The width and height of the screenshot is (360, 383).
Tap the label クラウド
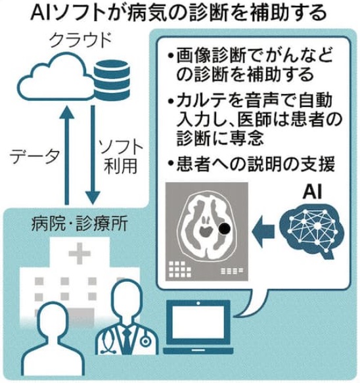[81, 41]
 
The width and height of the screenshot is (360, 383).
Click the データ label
[34, 156]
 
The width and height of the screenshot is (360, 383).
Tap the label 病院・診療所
[79, 224]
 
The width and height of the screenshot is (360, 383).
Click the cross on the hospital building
[80, 254]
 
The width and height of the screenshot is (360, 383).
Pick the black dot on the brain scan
[225, 229]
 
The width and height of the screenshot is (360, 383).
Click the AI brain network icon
[312, 231]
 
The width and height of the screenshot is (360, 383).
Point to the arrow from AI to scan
[263, 231]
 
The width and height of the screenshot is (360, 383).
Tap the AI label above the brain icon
[312, 192]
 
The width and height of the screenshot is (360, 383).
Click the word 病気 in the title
[145, 13]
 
